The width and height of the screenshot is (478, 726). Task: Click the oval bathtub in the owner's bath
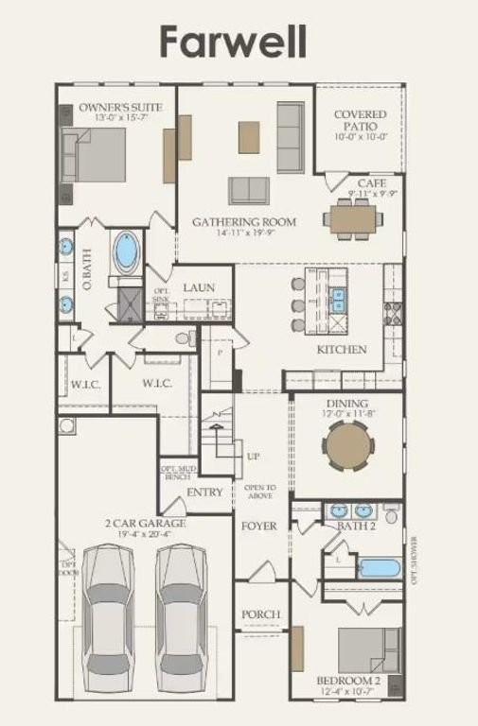126,253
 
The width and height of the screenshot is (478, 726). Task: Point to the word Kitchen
341,350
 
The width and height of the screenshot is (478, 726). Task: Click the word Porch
260,614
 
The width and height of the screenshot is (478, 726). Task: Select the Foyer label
257,525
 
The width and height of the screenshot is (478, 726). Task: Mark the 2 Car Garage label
144,523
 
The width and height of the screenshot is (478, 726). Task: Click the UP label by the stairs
254,456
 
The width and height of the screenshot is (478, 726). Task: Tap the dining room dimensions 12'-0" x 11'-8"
347,413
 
